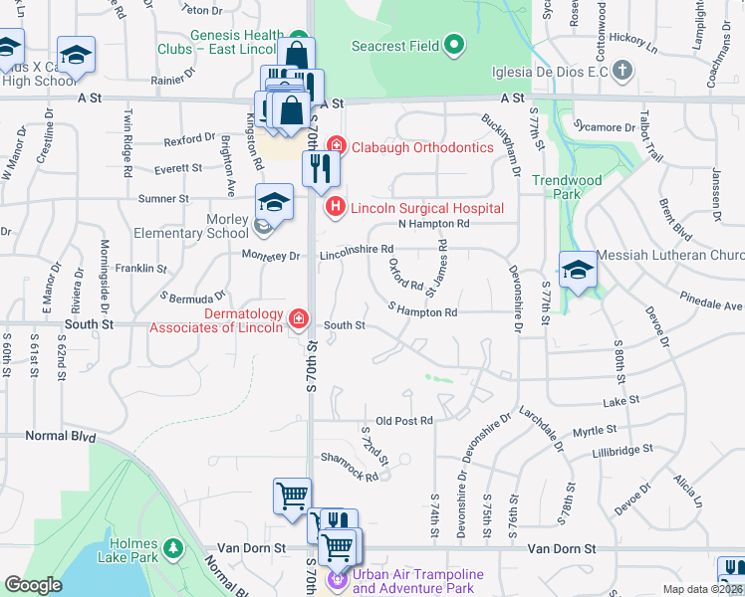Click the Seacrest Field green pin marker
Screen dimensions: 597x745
[455, 45]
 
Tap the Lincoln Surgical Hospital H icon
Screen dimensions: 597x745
[335, 207]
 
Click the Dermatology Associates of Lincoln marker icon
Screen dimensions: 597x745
[297, 318]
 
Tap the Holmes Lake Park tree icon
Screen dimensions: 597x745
[173, 548]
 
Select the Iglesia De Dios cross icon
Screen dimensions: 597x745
[621, 70]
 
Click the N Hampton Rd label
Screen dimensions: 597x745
[433, 225]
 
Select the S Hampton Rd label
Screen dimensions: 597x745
[422, 312]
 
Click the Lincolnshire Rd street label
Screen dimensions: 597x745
[357, 256]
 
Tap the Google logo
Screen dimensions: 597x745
[33, 585]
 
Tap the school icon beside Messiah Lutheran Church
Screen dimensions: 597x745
[577, 269]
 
